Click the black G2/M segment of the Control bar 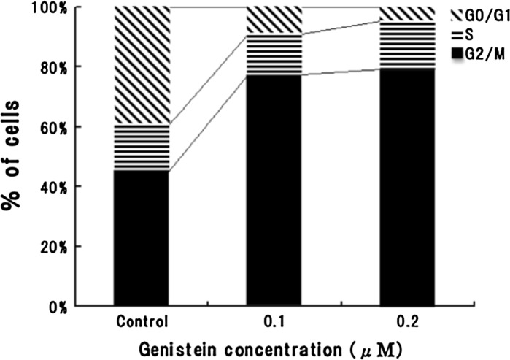(142, 237)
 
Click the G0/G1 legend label (482, 15)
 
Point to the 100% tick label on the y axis (86, 8)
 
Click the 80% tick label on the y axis (90, 67)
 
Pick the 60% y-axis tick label (90, 127)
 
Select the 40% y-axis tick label (90, 186)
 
